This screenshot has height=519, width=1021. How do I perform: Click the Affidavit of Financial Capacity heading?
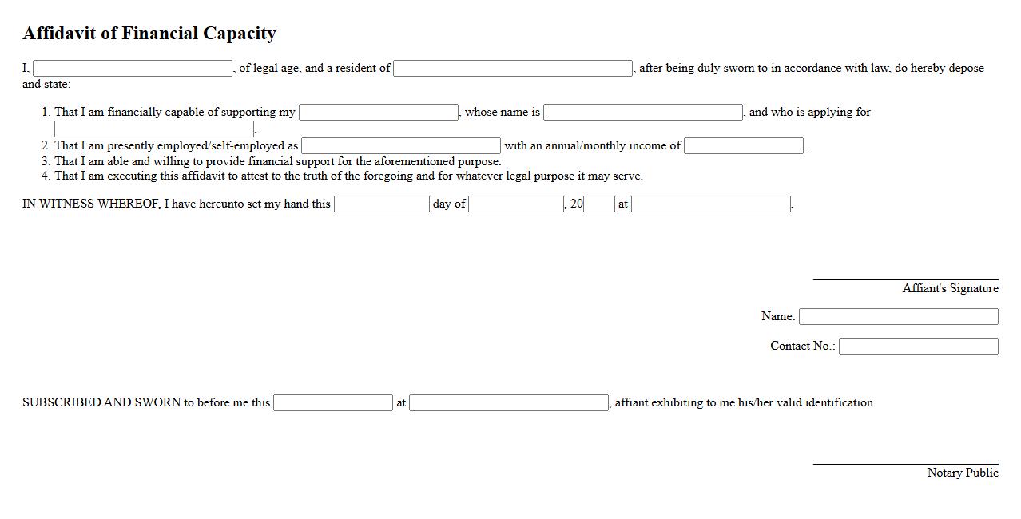149,34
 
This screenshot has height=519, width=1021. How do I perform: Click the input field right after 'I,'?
133,69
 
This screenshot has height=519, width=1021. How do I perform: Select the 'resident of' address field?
513,69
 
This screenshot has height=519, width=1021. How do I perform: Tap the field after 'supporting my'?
379,113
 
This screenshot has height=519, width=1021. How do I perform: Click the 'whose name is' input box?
643,113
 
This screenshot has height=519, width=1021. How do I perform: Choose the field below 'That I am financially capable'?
154,129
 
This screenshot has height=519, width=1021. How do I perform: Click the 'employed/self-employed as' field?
401,146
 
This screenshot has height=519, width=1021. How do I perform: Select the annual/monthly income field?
744,146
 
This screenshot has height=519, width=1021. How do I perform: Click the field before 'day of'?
382,204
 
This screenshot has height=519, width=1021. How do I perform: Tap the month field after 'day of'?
516,204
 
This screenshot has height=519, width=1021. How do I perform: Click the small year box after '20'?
599,204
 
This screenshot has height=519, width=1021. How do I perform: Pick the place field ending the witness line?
711,204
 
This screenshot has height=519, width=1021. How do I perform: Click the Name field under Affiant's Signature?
899,317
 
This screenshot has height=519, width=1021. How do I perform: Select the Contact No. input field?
919,347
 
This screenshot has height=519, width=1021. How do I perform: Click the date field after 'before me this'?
333,403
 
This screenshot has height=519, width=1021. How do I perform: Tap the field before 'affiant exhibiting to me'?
509,403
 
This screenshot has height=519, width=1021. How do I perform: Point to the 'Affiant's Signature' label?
950,289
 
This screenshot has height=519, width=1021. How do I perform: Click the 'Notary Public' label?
963,473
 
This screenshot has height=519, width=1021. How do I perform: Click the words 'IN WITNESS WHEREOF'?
91,204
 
